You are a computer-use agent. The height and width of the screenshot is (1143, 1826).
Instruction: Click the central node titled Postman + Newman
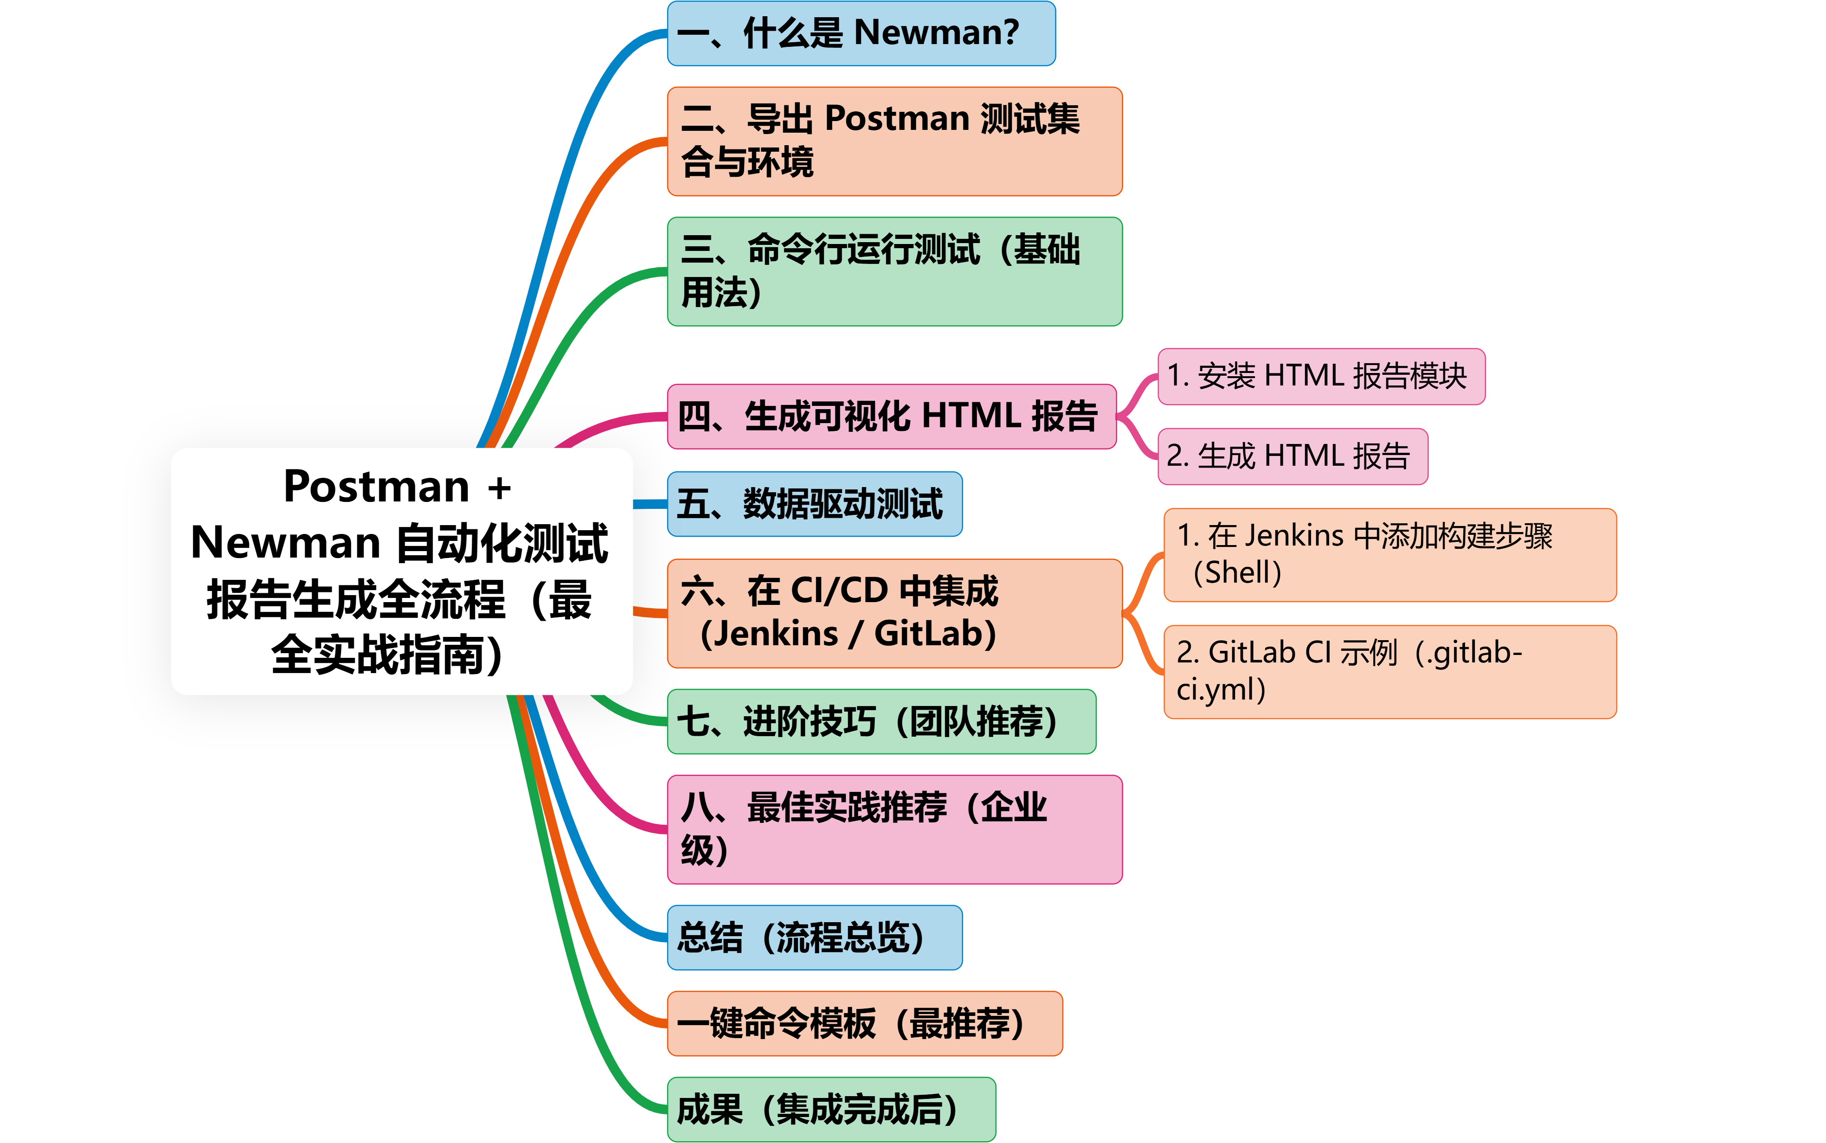point(401,571)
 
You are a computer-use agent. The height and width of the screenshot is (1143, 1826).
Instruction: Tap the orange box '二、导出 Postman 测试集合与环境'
point(894,141)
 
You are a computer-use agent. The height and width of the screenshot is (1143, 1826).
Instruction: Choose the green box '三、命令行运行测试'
point(894,271)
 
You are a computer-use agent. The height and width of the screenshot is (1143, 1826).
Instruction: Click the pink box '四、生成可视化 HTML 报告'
point(891,417)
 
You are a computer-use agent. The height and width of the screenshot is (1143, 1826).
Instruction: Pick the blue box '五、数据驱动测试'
point(814,503)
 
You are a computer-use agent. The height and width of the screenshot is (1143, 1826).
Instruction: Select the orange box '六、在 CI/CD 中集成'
point(894,613)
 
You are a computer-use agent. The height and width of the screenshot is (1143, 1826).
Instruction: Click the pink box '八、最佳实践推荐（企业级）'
point(894,829)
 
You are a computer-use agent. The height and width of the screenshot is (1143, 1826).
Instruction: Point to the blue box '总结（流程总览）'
point(814,938)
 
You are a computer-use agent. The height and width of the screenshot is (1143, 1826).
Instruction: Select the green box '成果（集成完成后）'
point(830,1109)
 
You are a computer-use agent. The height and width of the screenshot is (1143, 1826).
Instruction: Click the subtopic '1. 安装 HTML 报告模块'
point(1321,377)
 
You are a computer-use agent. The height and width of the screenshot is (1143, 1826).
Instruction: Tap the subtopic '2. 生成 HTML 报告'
point(1292,456)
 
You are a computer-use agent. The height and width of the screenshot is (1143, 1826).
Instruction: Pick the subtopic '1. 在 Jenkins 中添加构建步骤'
point(1389,554)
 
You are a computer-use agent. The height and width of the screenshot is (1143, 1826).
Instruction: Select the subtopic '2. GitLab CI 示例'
point(1389,671)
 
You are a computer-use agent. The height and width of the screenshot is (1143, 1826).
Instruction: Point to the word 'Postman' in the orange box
point(898,119)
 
